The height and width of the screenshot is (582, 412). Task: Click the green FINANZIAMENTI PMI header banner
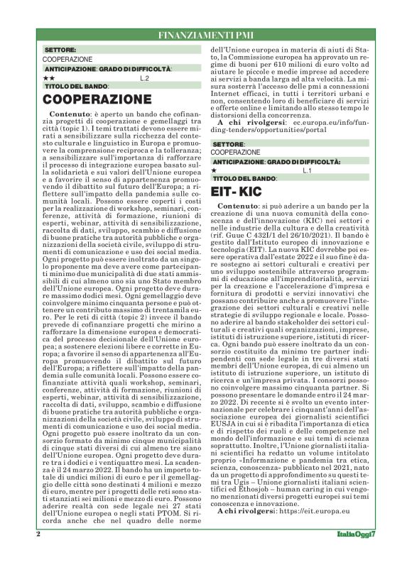(x=206, y=35)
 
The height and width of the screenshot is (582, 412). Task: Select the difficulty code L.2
(x=144, y=77)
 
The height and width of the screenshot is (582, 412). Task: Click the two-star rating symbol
(x=48, y=77)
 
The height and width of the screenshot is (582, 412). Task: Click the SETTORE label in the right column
(x=228, y=144)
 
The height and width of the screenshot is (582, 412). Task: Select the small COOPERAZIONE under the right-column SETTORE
(x=236, y=152)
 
